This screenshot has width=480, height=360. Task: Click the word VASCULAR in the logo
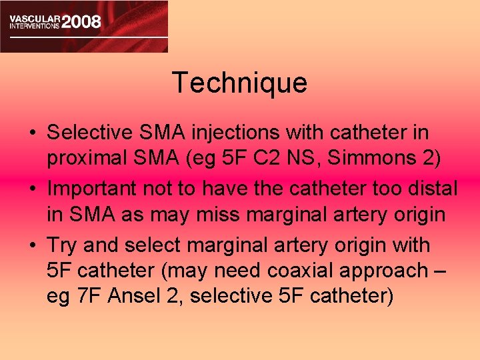34,15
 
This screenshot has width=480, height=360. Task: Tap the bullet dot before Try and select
32,246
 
